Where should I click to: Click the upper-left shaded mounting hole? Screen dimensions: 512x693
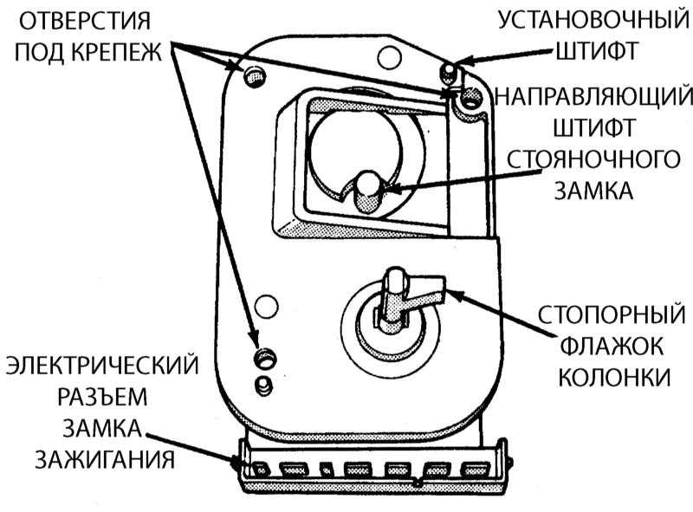tap(254, 76)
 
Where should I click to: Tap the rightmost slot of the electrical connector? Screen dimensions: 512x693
tap(470, 469)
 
